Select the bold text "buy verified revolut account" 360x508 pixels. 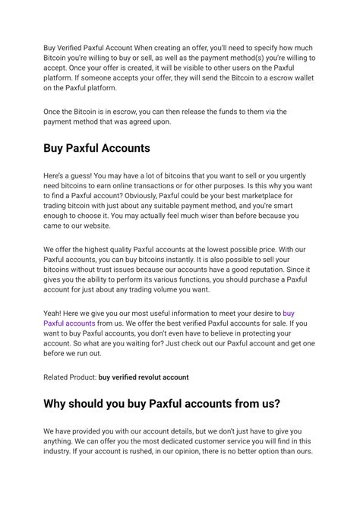[x=144, y=377]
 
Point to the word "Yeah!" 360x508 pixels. [x=54, y=312]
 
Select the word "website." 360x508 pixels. [x=94, y=226]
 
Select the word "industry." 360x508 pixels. [x=61, y=452]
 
